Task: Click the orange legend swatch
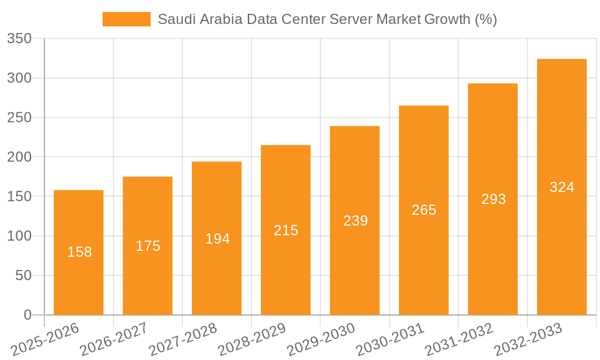click(x=126, y=19)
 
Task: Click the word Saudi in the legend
click(x=174, y=19)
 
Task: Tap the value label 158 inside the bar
click(x=79, y=252)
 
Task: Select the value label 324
click(x=562, y=187)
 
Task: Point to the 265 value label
click(x=424, y=210)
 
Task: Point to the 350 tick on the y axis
click(x=19, y=39)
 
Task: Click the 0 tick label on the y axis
click(x=27, y=315)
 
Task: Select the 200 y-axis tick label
click(x=19, y=157)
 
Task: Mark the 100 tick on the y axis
click(x=19, y=236)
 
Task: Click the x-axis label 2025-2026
click(x=46, y=340)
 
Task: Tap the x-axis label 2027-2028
click(x=184, y=340)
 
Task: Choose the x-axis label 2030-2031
click(x=390, y=340)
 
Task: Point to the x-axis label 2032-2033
click(x=528, y=340)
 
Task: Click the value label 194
click(x=217, y=239)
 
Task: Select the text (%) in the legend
click(x=485, y=19)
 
